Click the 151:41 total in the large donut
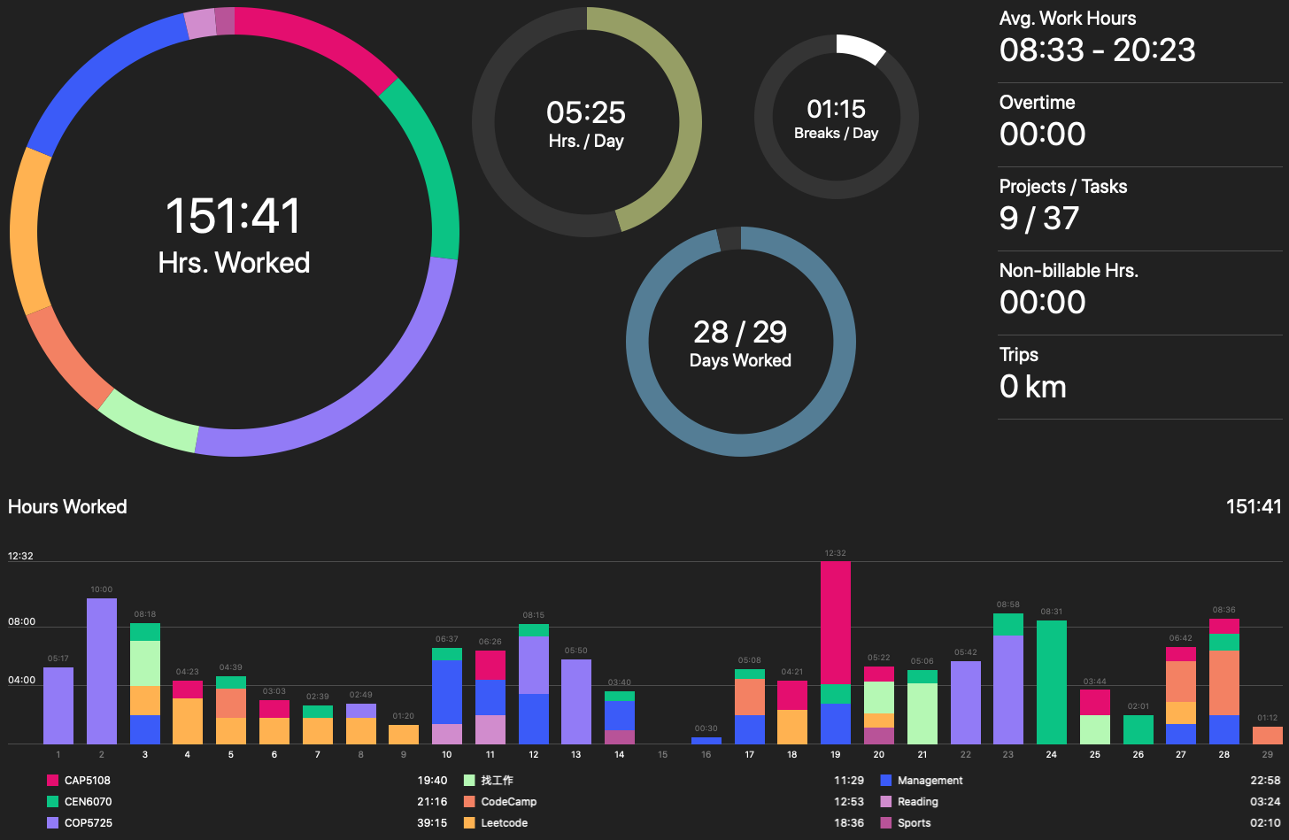click(234, 216)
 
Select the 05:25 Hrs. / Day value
click(585, 112)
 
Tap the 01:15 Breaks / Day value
click(836, 109)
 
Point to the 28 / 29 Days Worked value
click(740, 332)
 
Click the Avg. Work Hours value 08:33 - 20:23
click(1097, 50)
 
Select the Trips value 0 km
click(1032, 387)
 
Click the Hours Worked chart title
click(67, 507)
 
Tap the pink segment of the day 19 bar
click(835, 622)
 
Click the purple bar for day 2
click(102, 671)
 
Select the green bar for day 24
click(1051, 682)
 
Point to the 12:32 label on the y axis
click(20, 557)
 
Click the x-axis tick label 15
click(662, 755)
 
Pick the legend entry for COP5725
click(88, 823)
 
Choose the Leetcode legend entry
click(504, 823)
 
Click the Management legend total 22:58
click(1265, 781)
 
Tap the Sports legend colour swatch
click(886, 823)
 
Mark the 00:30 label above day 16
click(706, 728)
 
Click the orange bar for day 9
click(404, 735)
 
